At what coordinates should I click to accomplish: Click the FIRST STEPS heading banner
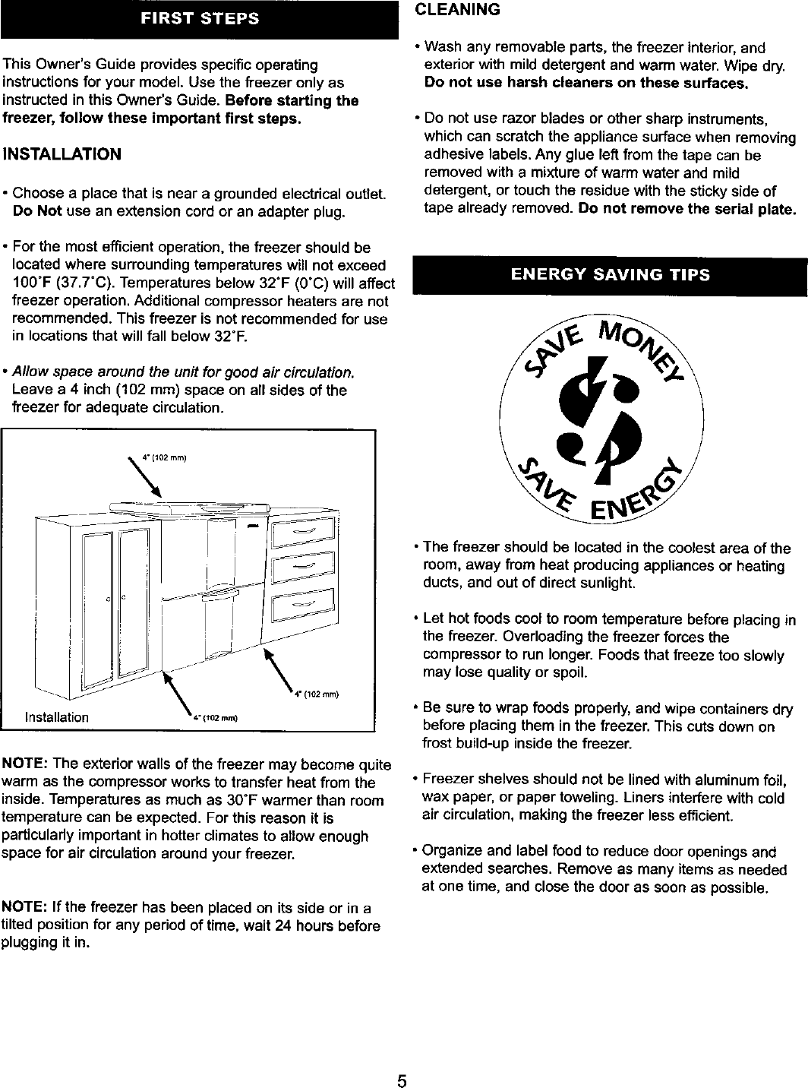coord(200,20)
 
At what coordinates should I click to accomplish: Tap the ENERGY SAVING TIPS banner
coord(610,275)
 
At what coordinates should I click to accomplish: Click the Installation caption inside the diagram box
coord(57,717)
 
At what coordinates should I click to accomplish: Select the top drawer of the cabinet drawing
coord(303,531)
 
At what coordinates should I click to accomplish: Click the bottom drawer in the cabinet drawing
coord(303,603)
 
